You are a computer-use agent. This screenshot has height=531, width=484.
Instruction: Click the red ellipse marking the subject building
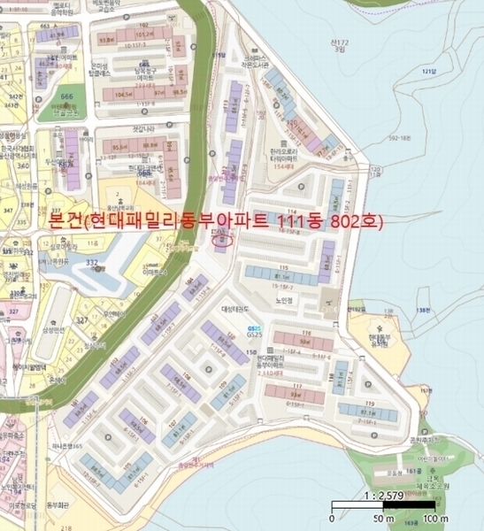point(222,237)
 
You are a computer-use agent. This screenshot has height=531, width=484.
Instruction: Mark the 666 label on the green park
point(66,96)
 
